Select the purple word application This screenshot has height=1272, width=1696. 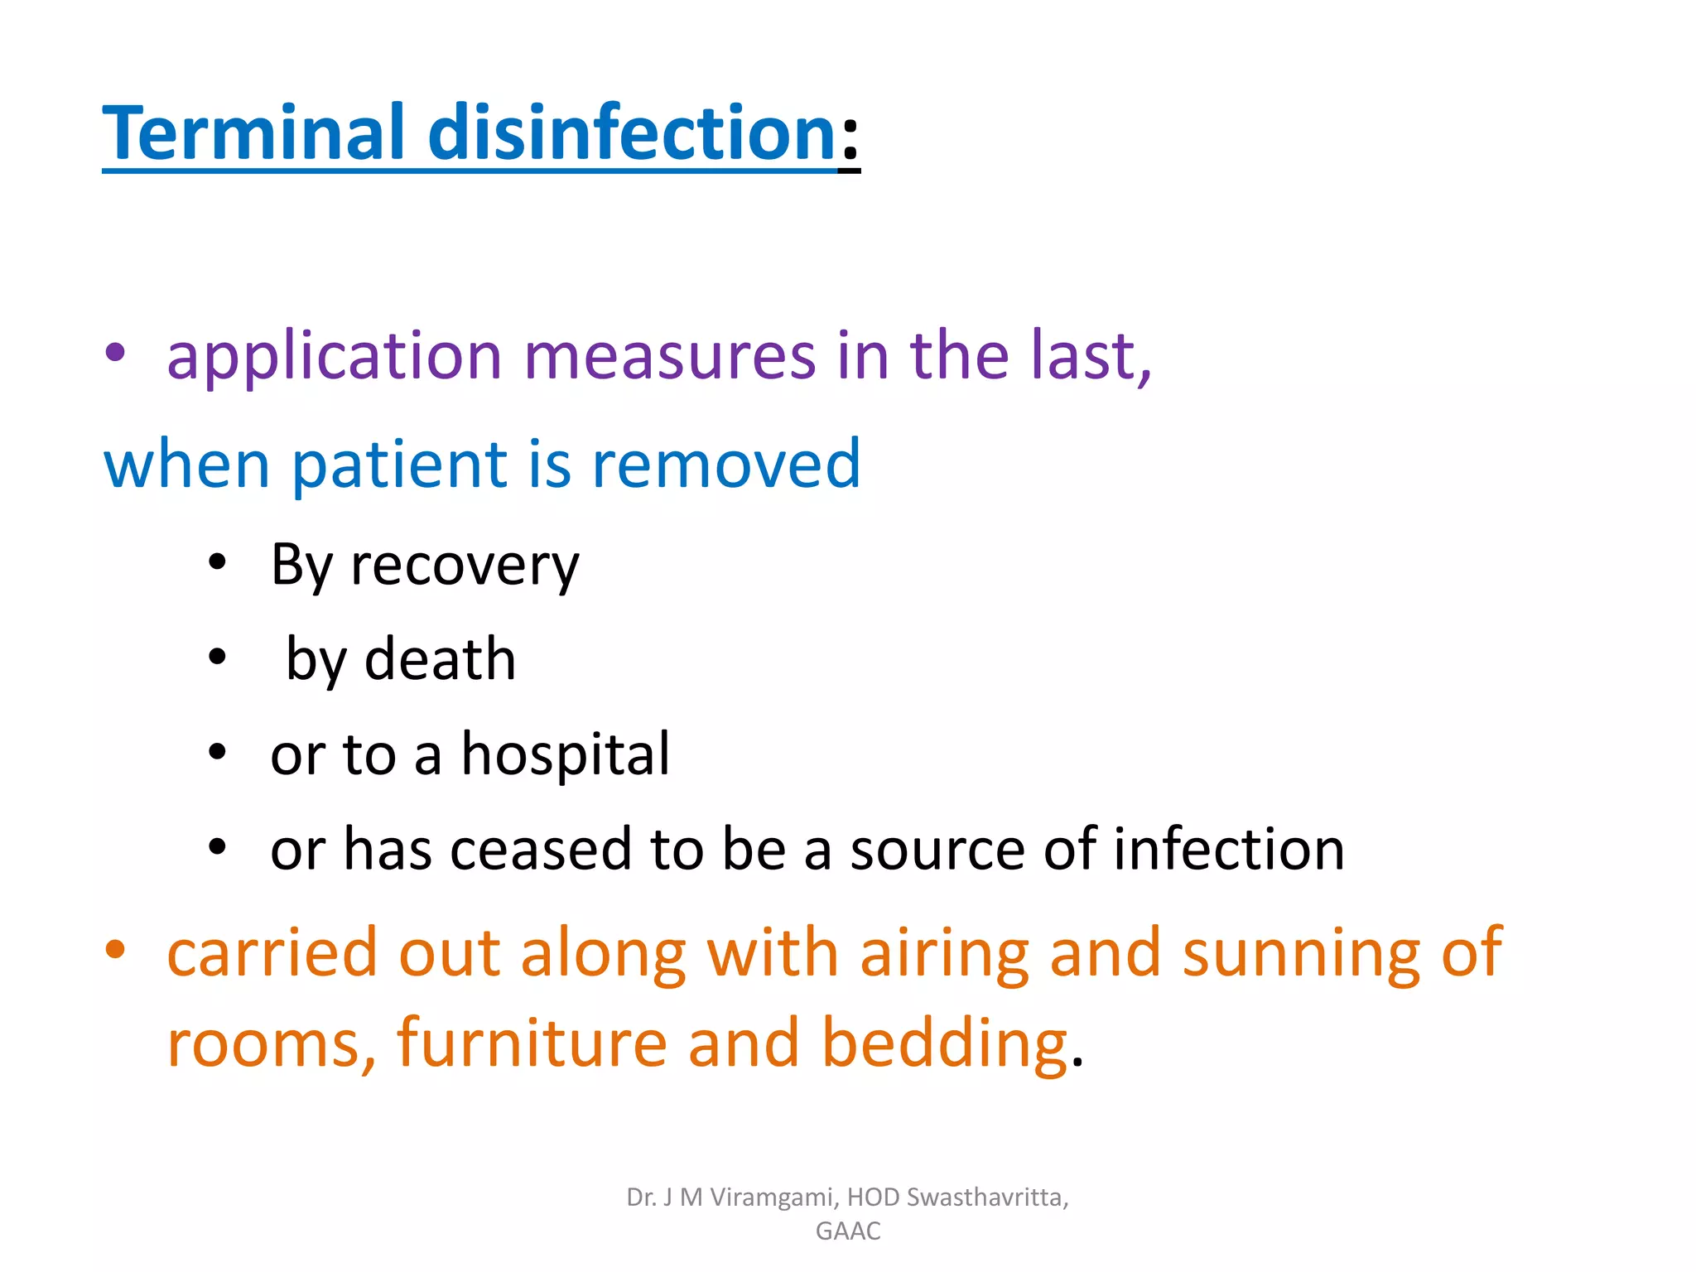[335, 356]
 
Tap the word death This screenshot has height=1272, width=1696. [440, 660]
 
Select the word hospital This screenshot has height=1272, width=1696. [565, 754]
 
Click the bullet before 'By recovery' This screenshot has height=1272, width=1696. [217, 562]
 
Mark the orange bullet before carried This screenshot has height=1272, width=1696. [115, 949]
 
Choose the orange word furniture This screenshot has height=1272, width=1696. [532, 1043]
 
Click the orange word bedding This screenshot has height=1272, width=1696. [944, 1043]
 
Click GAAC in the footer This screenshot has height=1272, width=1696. [848, 1231]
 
